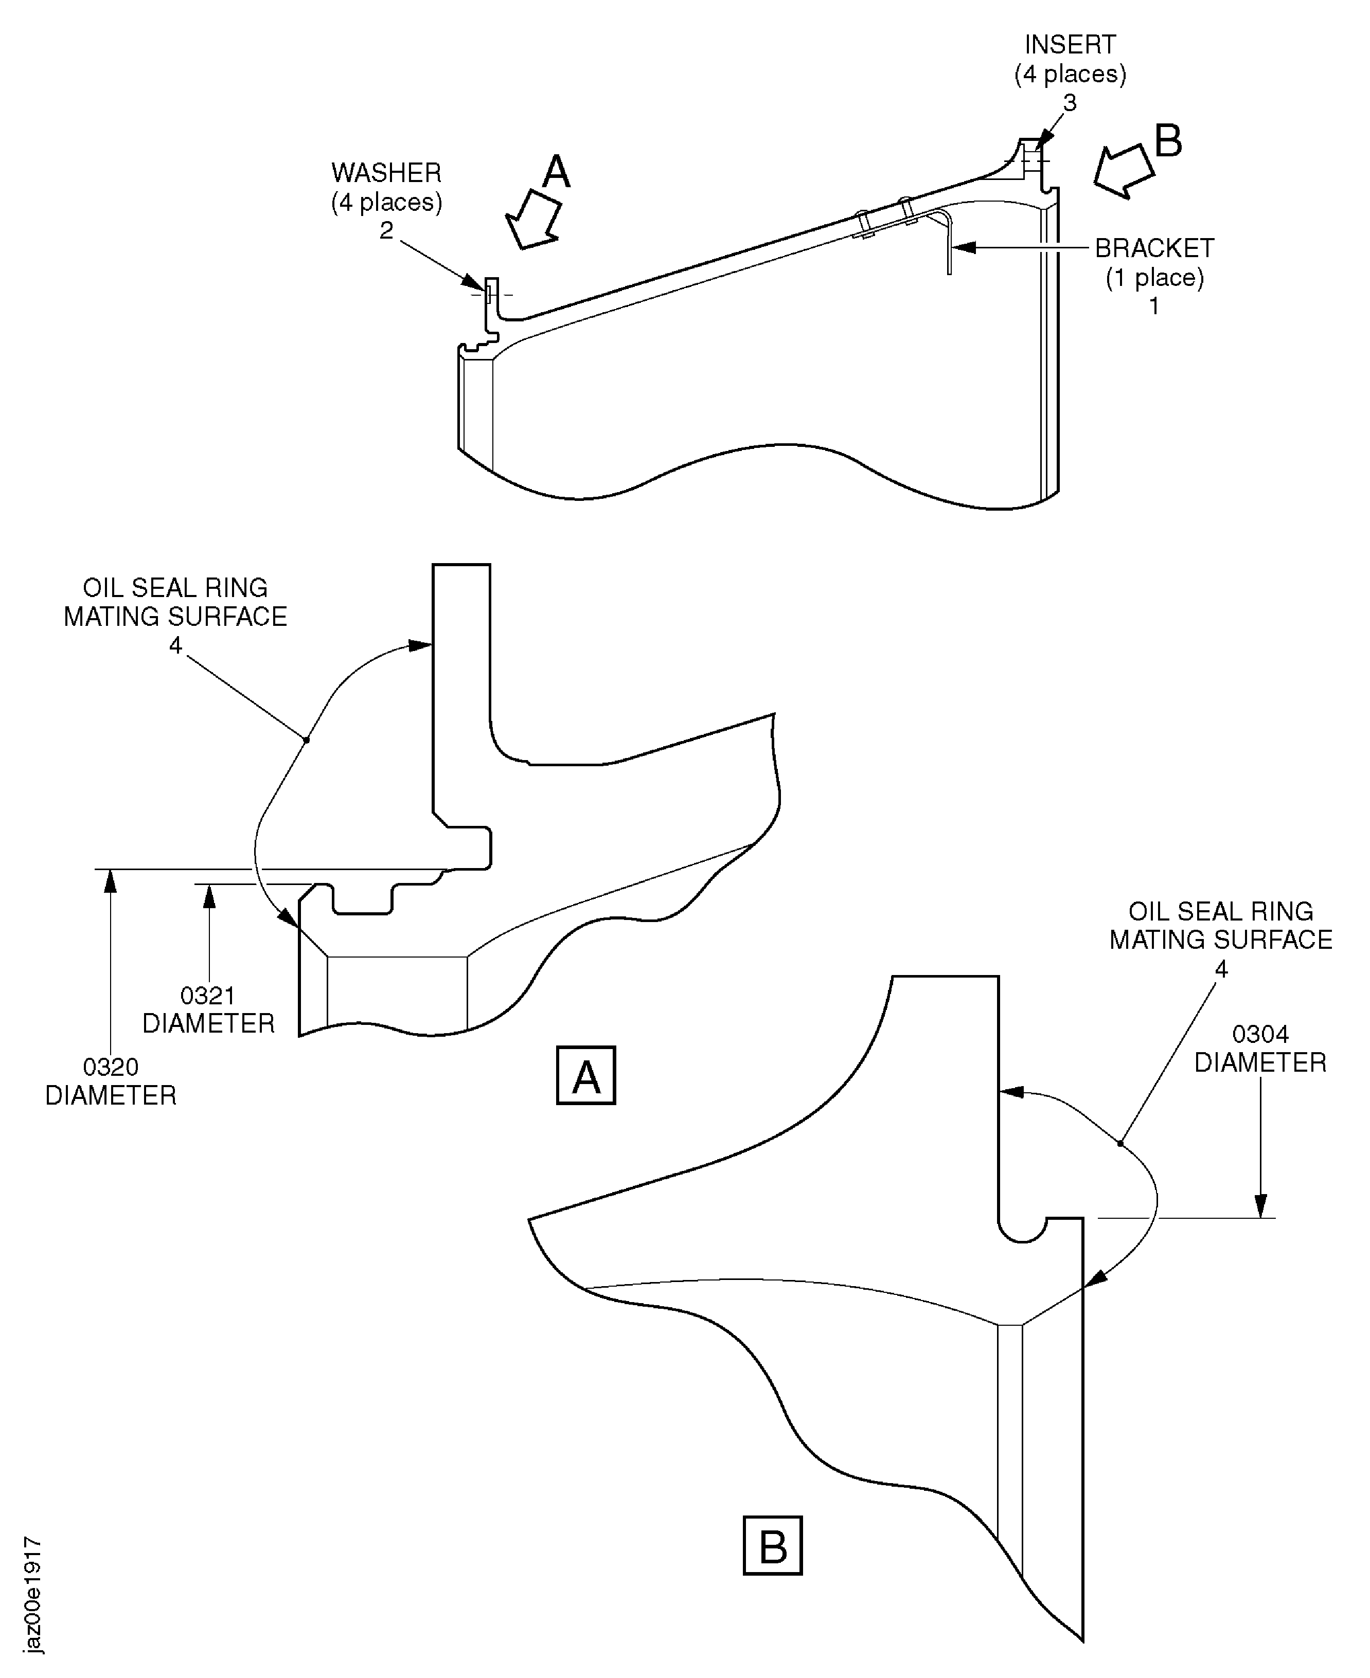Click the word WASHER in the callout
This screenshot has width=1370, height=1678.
[x=386, y=173]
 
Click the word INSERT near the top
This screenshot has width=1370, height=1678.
[x=1070, y=44]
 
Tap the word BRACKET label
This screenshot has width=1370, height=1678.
[x=1154, y=248]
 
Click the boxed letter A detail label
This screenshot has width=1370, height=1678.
[x=585, y=1076]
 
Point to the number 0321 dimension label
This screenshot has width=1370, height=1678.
[x=207, y=996]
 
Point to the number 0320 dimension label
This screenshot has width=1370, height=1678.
[x=111, y=1068]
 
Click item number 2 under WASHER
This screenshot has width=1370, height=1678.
[x=386, y=230]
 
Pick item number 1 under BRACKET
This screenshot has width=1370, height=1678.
[x=1154, y=306]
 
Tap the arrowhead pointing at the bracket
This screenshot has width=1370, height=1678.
[x=965, y=248]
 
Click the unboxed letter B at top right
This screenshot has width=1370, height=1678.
[x=1168, y=142]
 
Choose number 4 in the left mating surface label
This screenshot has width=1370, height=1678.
[x=175, y=645]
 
